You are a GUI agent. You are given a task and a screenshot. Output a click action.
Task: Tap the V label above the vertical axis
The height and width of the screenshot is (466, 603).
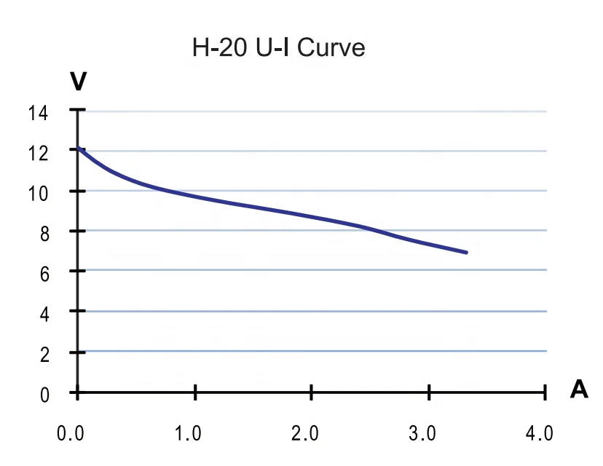click(78, 81)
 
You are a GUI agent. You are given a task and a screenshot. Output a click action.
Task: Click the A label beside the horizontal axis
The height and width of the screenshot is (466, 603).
click(579, 390)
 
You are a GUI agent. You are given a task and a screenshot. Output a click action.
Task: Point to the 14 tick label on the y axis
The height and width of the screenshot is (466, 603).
click(38, 112)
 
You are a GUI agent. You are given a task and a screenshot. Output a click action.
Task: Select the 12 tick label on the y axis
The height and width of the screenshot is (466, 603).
click(38, 153)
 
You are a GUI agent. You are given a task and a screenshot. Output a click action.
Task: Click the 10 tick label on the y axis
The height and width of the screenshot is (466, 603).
click(38, 193)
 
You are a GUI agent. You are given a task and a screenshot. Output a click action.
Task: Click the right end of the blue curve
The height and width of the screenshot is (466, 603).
click(465, 252)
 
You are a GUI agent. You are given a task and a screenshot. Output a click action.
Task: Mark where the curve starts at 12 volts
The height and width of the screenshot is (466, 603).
click(78, 149)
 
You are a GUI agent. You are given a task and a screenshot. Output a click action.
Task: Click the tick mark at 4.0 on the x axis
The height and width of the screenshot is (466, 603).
click(545, 393)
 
